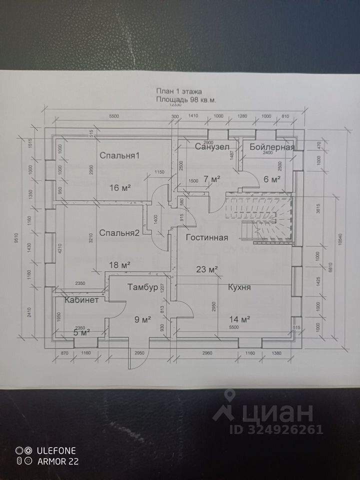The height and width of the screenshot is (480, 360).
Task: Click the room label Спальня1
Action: [x=119, y=155]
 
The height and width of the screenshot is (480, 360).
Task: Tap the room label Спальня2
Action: [x=119, y=232]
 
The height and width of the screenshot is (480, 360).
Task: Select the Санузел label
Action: [x=212, y=146]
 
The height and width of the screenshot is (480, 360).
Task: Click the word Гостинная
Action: [x=207, y=237]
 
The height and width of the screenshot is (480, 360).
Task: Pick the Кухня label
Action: [x=239, y=287]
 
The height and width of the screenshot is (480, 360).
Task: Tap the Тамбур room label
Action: [x=143, y=287]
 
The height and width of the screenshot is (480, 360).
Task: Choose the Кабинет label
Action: [x=81, y=300]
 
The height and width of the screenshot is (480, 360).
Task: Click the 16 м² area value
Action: [x=120, y=187]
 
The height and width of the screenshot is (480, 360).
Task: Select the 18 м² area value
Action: [x=120, y=264]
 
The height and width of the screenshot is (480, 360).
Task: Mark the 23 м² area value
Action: [x=207, y=269]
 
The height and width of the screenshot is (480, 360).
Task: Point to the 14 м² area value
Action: [x=239, y=318]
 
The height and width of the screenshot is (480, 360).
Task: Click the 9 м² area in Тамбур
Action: [x=143, y=318]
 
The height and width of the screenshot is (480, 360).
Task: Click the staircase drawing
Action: [x=260, y=217]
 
